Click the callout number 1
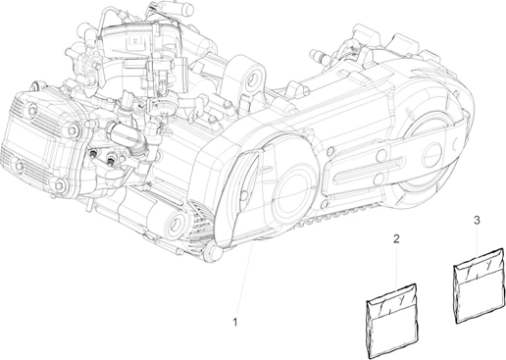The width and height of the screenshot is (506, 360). click(x=234, y=321)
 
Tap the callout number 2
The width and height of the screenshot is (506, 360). click(x=397, y=238)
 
